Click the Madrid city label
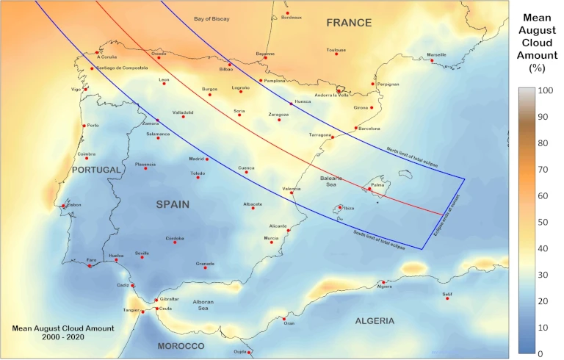pyautogui.click(x=196, y=158)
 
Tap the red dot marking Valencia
pyautogui.click(x=292, y=192)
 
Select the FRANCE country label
pyautogui.click(x=349, y=23)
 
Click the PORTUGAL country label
pyautogui.click(x=95, y=170)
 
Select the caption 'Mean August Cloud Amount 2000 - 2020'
pyautogui.click(x=63, y=332)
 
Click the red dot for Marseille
pyautogui.click(x=432, y=60)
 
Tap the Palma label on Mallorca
pyautogui.click(x=377, y=185)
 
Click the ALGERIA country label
pyautogui.click(x=375, y=321)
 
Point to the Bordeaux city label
pyautogui.click(x=291, y=18)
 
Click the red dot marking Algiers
pyautogui.click(x=383, y=282)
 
